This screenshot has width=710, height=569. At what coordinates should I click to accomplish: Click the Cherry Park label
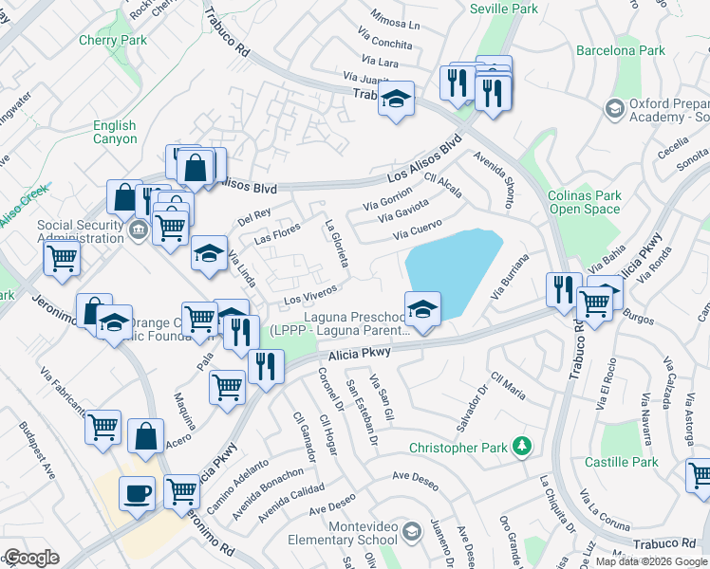point(113,40)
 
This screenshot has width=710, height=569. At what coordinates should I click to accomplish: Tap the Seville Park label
point(504,8)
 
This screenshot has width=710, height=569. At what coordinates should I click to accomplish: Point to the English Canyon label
point(114,133)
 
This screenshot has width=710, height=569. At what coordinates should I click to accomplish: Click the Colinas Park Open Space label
point(585,202)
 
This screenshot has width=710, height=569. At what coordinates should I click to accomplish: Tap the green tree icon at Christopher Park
point(520,445)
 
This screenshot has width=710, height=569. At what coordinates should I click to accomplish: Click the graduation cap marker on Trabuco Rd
point(396,98)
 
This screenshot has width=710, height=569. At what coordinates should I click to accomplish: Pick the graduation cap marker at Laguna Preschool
point(422,308)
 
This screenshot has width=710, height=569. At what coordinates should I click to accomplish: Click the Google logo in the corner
point(30,557)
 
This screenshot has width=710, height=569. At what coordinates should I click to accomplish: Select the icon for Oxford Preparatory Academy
point(615,110)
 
